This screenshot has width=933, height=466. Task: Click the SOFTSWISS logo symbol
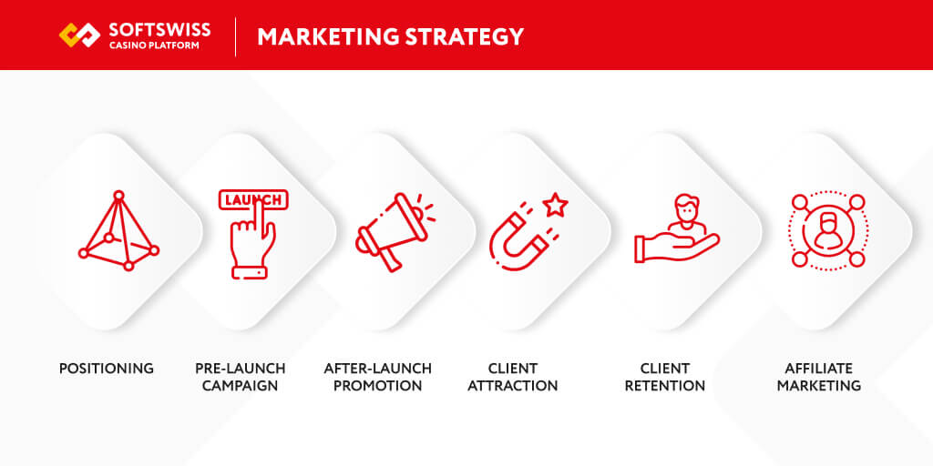point(80,35)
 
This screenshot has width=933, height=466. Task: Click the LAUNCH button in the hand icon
point(252,199)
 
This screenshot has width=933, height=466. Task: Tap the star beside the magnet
point(555,207)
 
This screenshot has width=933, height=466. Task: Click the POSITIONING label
point(107,369)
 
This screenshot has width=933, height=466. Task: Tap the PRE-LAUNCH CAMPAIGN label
point(241,377)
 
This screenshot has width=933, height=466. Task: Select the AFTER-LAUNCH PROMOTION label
point(378,377)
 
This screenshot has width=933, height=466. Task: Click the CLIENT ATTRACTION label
point(513,377)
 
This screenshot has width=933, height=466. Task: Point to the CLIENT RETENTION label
point(665,377)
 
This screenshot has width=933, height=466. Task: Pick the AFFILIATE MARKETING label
point(819,377)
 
